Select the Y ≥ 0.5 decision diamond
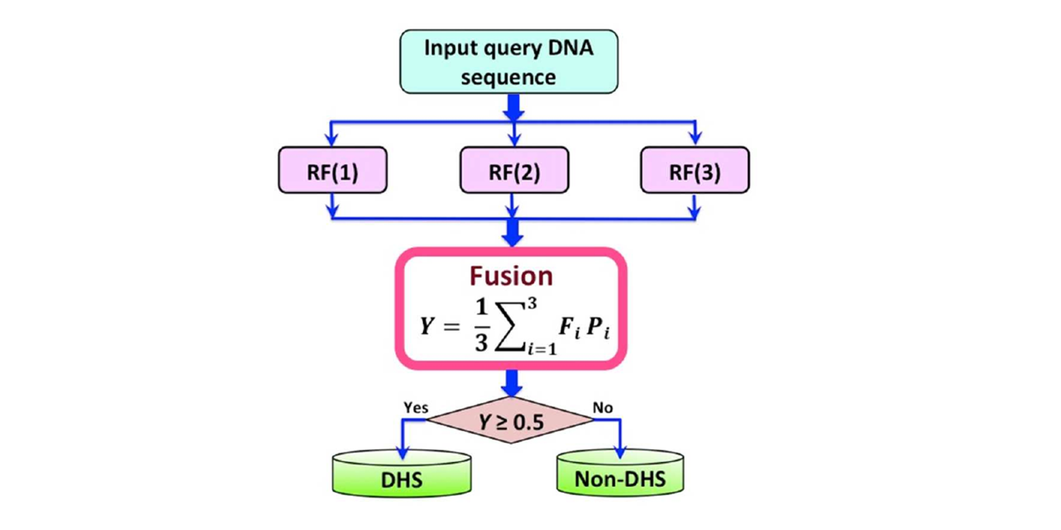point(510,422)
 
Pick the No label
point(604,407)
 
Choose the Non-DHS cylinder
point(619,473)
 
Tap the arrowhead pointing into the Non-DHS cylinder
point(620,450)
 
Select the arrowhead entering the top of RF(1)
point(331,140)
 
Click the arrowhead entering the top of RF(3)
point(694,140)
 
